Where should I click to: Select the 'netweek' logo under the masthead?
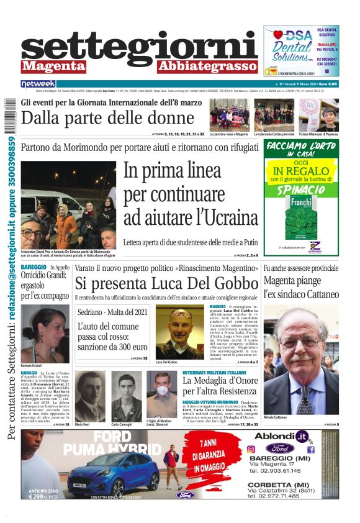38,83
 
